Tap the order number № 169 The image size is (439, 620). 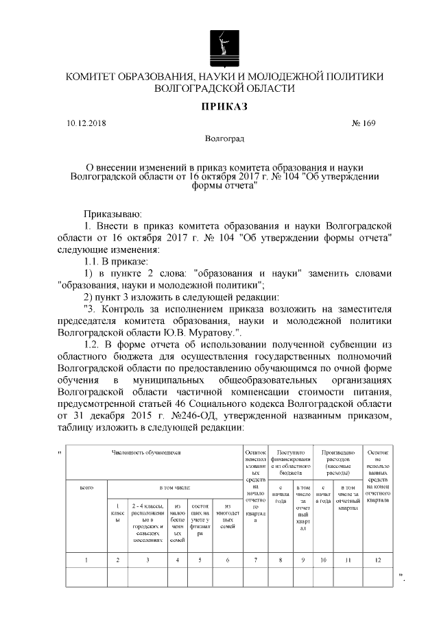tap(364, 123)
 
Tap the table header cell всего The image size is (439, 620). tap(86, 487)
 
